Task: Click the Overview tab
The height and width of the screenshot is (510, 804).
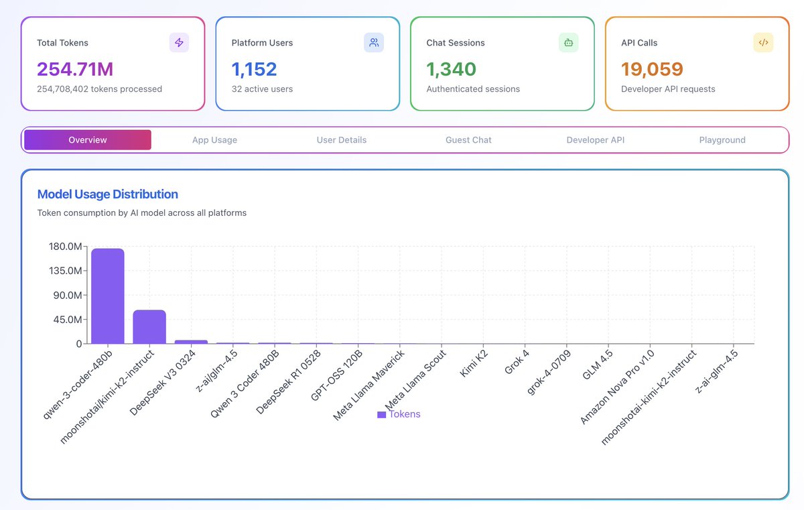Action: pyautogui.click(x=88, y=140)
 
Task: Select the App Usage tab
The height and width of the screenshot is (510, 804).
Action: pyautogui.click(x=214, y=140)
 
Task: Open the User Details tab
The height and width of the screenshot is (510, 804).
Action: pyautogui.click(x=342, y=140)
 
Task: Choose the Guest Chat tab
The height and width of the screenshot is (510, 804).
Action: pyautogui.click(x=468, y=140)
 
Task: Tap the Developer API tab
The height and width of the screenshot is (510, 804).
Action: pyautogui.click(x=596, y=140)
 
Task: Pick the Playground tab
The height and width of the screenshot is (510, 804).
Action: pyautogui.click(x=722, y=140)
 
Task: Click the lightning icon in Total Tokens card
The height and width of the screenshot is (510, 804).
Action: pyautogui.click(x=179, y=43)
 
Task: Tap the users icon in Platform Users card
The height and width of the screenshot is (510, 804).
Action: pyautogui.click(x=374, y=43)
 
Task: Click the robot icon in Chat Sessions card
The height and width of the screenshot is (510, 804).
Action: pyautogui.click(x=568, y=43)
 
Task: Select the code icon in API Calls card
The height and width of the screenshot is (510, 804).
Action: pyautogui.click(x=763, y=43)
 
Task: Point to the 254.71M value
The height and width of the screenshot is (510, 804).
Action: pyautogui.click(x=75, y=69)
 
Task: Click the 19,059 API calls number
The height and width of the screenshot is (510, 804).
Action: pyautogui.click(x=652, y=69)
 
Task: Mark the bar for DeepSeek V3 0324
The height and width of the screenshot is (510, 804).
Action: pyautogui.click(x=191, y=342)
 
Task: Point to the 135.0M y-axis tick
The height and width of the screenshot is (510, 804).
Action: pyautogui.click(x=65, y=271)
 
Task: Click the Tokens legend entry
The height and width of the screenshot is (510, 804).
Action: pyautogui.click(x=399, y=414)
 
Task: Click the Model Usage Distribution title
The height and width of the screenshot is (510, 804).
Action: pyautogui.click(x=108, y=194)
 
